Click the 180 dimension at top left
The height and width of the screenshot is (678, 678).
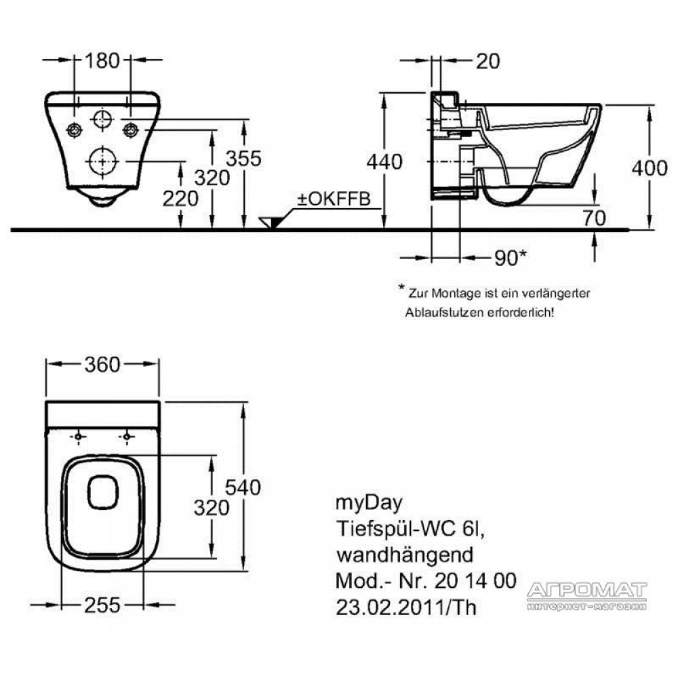(102, 60)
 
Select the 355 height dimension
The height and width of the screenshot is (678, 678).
(244, 159)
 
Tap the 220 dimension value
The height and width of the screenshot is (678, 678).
(180, 199)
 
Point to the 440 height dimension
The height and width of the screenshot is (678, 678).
(384, 162)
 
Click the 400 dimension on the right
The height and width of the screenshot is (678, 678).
(650, 167)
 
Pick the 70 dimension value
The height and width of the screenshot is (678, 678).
(595, 218)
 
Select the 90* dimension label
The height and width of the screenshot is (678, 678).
(511, 258)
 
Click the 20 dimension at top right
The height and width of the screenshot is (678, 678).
(487, 61)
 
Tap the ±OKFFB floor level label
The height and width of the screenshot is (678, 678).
(334, 199)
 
